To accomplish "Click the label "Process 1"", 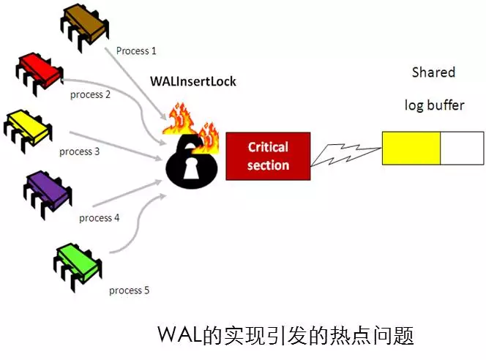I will coord(136,51).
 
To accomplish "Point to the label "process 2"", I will coord(90,94).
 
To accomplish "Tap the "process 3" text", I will coord(79,151).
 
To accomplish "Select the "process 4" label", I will coord(99,218).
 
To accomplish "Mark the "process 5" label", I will coord(129,290).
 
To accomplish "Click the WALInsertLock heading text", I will coord(192,81).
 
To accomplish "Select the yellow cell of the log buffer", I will coord(411,148).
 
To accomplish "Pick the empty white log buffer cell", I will coord(461,148).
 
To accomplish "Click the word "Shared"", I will coord(433,72).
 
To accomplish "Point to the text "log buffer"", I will coord(434,105).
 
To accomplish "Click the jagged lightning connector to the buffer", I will coord(344,154).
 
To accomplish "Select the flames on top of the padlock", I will coord(192,124).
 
